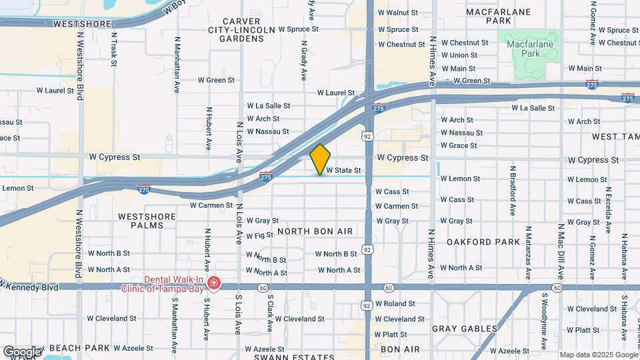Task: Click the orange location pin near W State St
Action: point(321,159)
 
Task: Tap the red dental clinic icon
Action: point(213,284)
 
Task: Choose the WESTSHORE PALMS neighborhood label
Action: point(141,221)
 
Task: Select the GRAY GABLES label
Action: point(465,329)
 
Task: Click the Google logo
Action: point(22,351)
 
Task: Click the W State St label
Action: point(343,171)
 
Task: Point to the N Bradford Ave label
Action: point(513,189)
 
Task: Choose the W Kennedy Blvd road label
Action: point(31,286)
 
